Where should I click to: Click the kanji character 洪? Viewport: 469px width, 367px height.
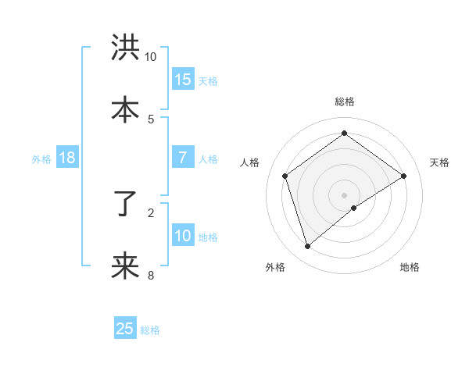coord(125,48)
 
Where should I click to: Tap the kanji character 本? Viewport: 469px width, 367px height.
coord(125,109)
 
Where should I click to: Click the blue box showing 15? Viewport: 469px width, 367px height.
coord(183,80)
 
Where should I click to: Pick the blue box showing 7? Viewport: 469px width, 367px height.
coord(183,158)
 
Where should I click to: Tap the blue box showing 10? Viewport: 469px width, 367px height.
coord(183,236)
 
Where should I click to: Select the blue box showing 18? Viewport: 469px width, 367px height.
coord(67,158)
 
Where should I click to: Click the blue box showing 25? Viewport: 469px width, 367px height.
coord(125,329)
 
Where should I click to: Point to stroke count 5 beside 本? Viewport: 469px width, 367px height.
coord(151,119)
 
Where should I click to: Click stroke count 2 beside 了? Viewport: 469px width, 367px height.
coord(151,212)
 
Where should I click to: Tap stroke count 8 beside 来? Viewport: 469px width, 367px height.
coord(151,275)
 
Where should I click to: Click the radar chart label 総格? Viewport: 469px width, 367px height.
coord(345,102)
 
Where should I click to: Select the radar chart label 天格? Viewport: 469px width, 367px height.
coord(439,162)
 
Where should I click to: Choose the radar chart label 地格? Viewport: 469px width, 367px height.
coord(410,267)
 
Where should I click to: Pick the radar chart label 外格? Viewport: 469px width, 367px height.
coord(275,267)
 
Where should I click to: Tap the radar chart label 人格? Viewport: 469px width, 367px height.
coord(250,162)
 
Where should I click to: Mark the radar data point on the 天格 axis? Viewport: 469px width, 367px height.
coord(403,176)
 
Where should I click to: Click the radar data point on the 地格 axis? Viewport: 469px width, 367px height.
coord(354,208)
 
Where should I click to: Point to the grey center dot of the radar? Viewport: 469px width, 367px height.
coord(345,194)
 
